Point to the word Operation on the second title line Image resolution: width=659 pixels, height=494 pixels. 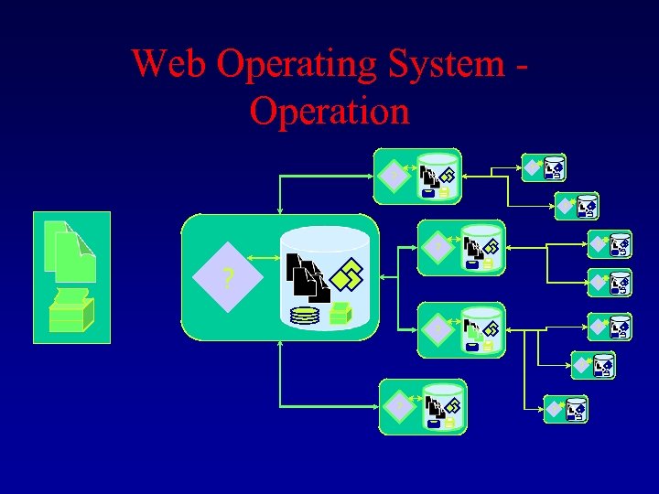[x=329, y=111]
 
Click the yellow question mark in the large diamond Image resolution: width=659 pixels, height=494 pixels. [x=227, y=279]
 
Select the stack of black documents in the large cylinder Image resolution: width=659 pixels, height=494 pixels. [x=307, y=277]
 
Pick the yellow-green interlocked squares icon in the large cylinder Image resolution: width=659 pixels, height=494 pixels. [x=348, y=273]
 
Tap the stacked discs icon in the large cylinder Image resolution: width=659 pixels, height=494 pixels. [x=305, y=317]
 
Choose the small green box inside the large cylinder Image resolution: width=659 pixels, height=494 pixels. [x=340, y=313]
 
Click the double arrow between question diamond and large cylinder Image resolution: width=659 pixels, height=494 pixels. [x=264, y=259]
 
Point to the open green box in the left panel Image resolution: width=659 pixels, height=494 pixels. [x=70, y=311]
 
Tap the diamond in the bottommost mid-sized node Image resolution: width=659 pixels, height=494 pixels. [x=398, y=404]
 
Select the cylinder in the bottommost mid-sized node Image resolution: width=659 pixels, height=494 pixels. [x=442, y=405]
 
